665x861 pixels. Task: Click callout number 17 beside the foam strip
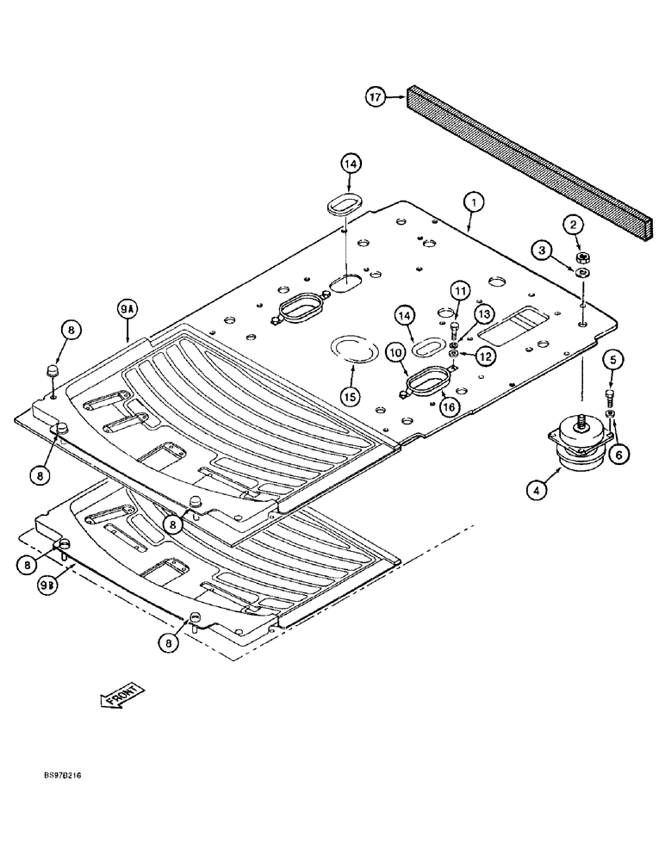[x=376, y=98]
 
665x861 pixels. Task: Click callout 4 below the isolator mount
[x=537, y=491]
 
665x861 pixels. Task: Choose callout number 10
[x=395, y=352]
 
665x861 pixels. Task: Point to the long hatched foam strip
[x=531, y=162]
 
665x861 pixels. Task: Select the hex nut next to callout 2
[x=584, y=257]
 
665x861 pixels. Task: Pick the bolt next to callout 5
[x=611, y=397]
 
